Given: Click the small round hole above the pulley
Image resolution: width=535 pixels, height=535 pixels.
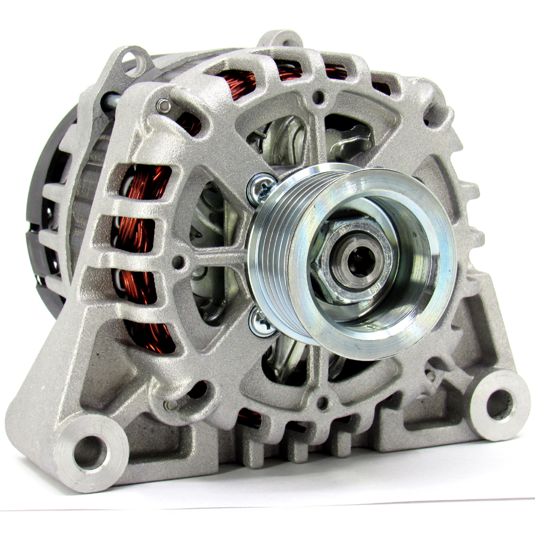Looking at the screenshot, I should [319, 95].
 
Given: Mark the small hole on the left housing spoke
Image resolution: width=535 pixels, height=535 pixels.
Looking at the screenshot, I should [178, 260].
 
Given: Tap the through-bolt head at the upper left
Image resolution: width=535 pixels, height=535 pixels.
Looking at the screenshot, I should [163, 105].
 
